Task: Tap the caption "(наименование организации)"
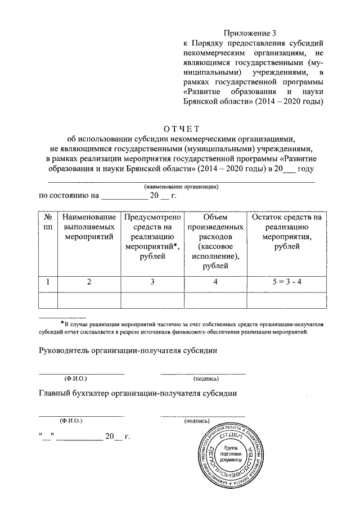181,186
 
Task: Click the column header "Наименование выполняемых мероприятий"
89,227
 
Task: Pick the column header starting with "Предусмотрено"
152,236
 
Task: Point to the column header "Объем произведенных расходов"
215,241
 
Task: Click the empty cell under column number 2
89,300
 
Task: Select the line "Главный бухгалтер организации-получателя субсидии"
137,393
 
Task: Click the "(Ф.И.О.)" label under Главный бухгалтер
71,420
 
